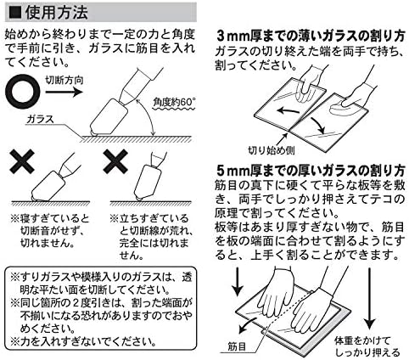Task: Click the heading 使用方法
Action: click(57, 13)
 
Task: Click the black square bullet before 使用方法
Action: click(15, 13)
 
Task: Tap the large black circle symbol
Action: click(23, 92)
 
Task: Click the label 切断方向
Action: click(64, 81)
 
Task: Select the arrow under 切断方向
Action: click(64, 92)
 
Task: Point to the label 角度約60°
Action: click(174, 102)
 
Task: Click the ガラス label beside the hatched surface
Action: click(40, 119)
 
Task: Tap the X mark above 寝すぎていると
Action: click(22, 161)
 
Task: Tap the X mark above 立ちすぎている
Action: click(115, 161)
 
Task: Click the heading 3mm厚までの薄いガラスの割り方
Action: click(311, 37)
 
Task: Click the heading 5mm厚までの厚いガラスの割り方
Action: click(311, 171)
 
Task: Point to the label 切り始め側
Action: click(272, 150)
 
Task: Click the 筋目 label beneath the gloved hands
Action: click(237, 346)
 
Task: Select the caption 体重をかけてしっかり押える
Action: click(367, 346)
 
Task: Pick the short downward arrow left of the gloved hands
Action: click(238, 282)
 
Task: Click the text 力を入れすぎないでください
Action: click(88, 341)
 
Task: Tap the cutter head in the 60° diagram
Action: click(109, 117)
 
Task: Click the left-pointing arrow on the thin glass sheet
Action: click(289, 110)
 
